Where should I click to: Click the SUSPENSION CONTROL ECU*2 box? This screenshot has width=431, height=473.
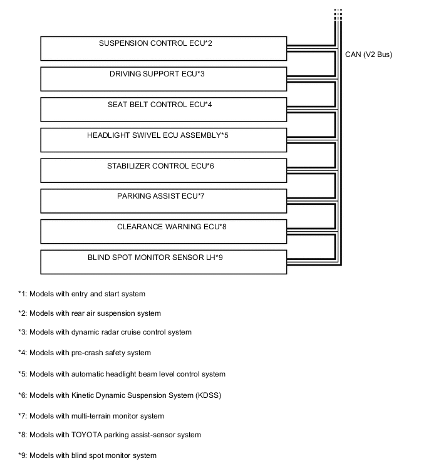163,49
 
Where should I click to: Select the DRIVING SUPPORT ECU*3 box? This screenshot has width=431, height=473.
163,80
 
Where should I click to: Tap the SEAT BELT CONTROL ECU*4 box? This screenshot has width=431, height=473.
163,110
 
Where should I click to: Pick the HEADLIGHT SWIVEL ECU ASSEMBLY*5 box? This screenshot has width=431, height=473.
163,140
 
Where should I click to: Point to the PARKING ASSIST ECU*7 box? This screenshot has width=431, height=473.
163,201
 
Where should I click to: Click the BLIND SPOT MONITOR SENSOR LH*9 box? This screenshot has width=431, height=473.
163,262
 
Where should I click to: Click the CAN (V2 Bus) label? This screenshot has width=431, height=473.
368,55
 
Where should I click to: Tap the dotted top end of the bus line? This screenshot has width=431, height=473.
338,14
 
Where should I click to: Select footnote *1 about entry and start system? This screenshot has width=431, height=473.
81,294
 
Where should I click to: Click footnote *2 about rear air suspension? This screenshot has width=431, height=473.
89,313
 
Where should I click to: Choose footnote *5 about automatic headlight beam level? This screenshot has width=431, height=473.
121,374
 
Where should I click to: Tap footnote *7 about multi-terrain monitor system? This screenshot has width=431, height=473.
91,415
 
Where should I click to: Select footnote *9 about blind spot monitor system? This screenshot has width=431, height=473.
87,455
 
